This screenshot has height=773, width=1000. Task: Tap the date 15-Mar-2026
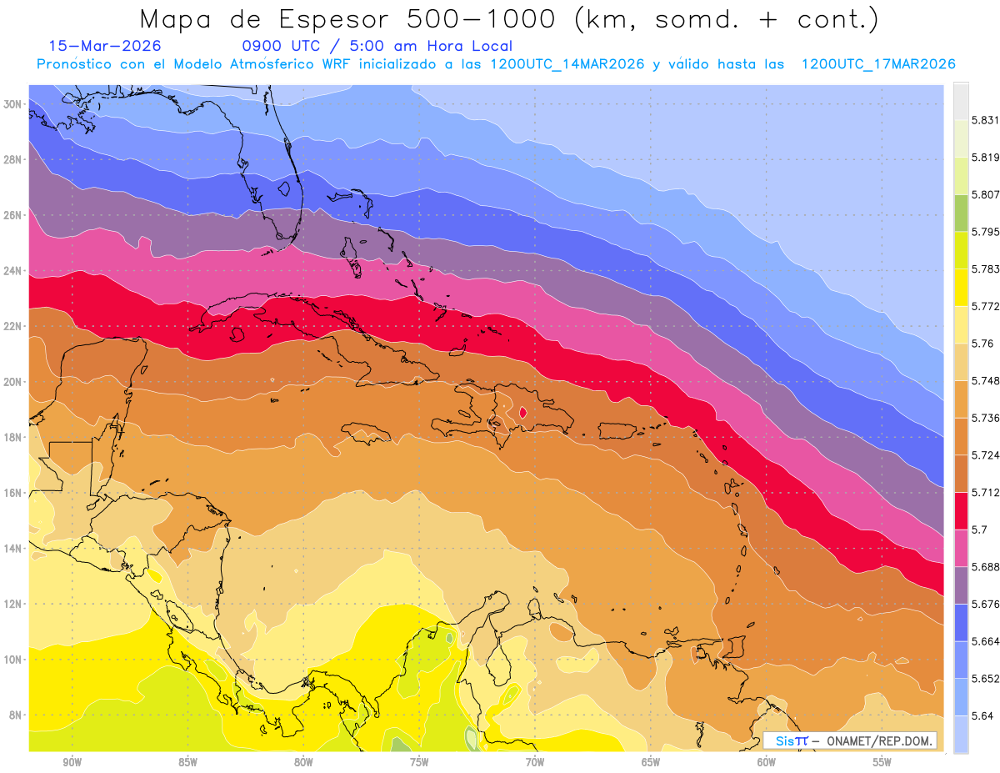tap(105, 46)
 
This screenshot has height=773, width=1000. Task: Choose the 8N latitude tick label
tap(14, 715)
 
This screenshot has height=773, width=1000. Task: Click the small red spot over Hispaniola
tap(522, 411)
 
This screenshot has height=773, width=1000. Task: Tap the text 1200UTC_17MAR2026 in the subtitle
tap(878, 64)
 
